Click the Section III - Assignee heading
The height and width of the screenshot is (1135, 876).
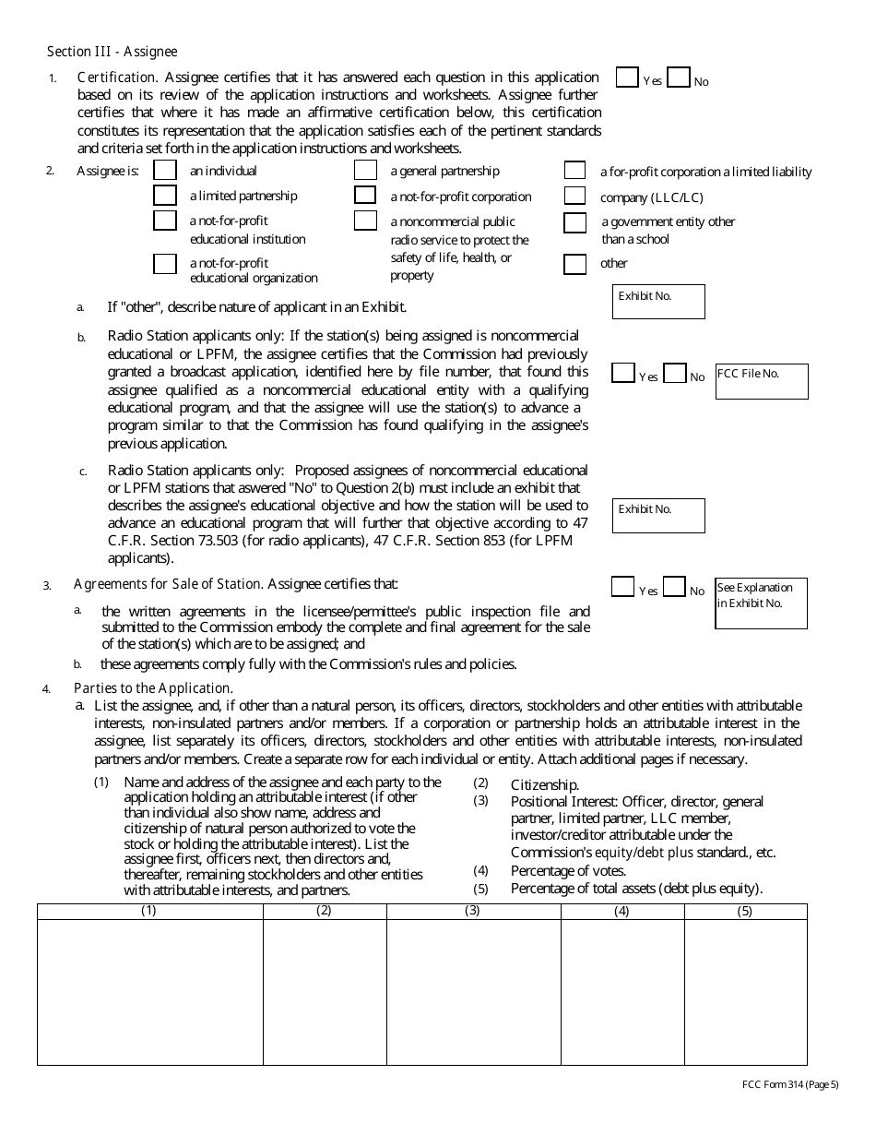(x=112, y=52)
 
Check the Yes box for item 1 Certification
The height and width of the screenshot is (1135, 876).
(x=627, y=78)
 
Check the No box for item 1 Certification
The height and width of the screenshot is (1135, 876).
(x=679, y=78)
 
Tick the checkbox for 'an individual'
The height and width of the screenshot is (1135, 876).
(x=165, y=171)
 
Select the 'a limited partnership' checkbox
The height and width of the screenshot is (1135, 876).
(x=165, y=196)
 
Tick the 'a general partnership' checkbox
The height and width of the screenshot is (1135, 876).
(x=366, y=171)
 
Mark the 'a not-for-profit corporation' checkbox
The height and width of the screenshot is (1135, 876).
(x=366, y=196)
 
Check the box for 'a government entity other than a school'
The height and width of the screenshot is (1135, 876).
(x=575, y=222)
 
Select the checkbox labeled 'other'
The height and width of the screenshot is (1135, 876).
(x=575, y=265)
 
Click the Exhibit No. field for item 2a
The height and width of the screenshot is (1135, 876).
(x=658, y=303)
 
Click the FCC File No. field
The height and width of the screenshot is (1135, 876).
(x=762, y=382)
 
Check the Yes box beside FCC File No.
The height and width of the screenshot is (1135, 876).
(x=623, y=373)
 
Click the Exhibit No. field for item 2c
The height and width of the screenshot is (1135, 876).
(x=658, y=517)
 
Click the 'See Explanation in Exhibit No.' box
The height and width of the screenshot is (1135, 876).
(x=762, y=604)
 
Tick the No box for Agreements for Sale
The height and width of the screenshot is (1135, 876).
(x=675, y=587)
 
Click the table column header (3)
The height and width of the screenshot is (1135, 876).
(x=473, y=912)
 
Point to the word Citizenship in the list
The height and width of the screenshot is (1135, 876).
(x=545, y=784)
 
